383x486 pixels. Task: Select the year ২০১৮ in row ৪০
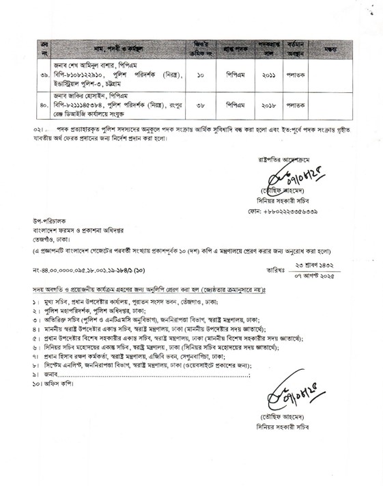(269, 105)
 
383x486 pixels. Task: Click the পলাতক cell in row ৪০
(296, 105)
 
